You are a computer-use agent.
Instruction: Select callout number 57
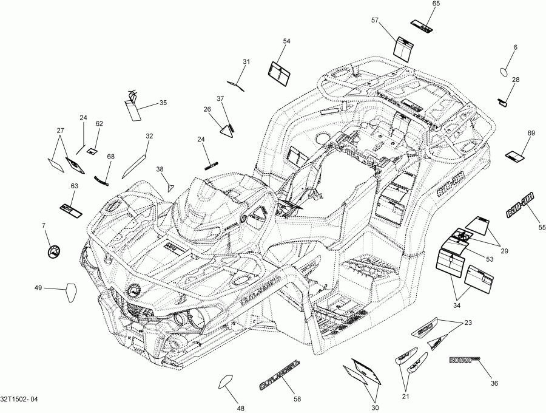(x=375, y=21)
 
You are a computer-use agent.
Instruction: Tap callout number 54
(x=287, y=41)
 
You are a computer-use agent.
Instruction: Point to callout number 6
(x=516, y=47)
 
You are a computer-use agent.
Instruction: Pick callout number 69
(x=531, y=133)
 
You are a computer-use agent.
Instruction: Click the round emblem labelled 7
(x=54, y=250)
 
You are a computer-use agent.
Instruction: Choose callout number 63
(x=75, y=186)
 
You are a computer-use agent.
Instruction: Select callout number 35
(x=163, y=103)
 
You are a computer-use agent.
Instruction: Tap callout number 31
(x=246, y=62)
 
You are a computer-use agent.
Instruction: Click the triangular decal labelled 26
(x=228, y=130)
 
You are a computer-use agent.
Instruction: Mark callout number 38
(x=160, y=169)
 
